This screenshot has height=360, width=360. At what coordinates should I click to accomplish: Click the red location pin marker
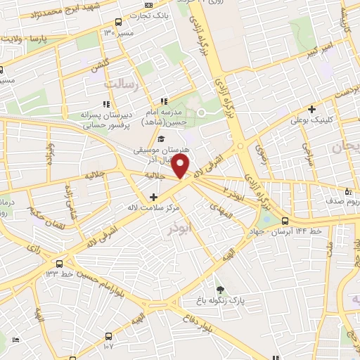click(x=181, y=167)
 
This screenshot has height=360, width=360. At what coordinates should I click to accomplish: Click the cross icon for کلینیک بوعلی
click(x=312, y=109)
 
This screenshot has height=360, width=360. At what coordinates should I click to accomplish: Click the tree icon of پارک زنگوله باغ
click(x=221, y=289)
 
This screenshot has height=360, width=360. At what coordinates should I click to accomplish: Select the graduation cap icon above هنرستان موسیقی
click(x=161, y=139)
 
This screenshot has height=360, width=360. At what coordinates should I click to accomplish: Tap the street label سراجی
click(x=307, y=150)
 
